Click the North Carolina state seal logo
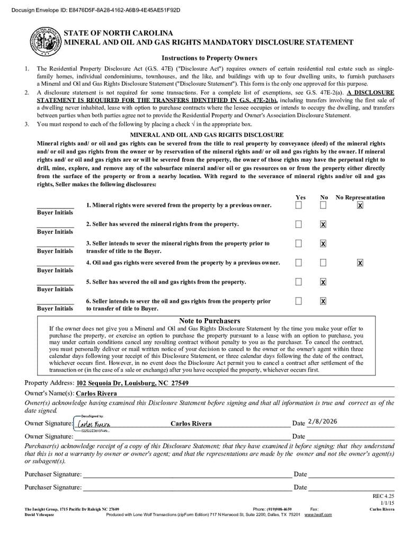(x=46, y=41)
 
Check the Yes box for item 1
(x=299, y=205)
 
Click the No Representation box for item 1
(x=360, y=205)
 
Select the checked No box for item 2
(x=323, y=224)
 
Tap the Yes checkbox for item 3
(x=299, y=243)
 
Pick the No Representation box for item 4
(x=360, y=262)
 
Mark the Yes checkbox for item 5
(x=299, y=282)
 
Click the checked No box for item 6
(x=323, y=301)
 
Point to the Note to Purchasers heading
(x=209, y=321)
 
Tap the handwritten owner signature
(x=94, y=424)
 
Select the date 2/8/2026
(x=322, y=422)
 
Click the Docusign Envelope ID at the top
(x=91, y=10)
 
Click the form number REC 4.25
(x=384, y=496)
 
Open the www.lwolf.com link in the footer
(x=318, y=514)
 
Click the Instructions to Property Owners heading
(x=209, y=58)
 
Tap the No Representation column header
(x=360, y=197)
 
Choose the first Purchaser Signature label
(x=53, y=474)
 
